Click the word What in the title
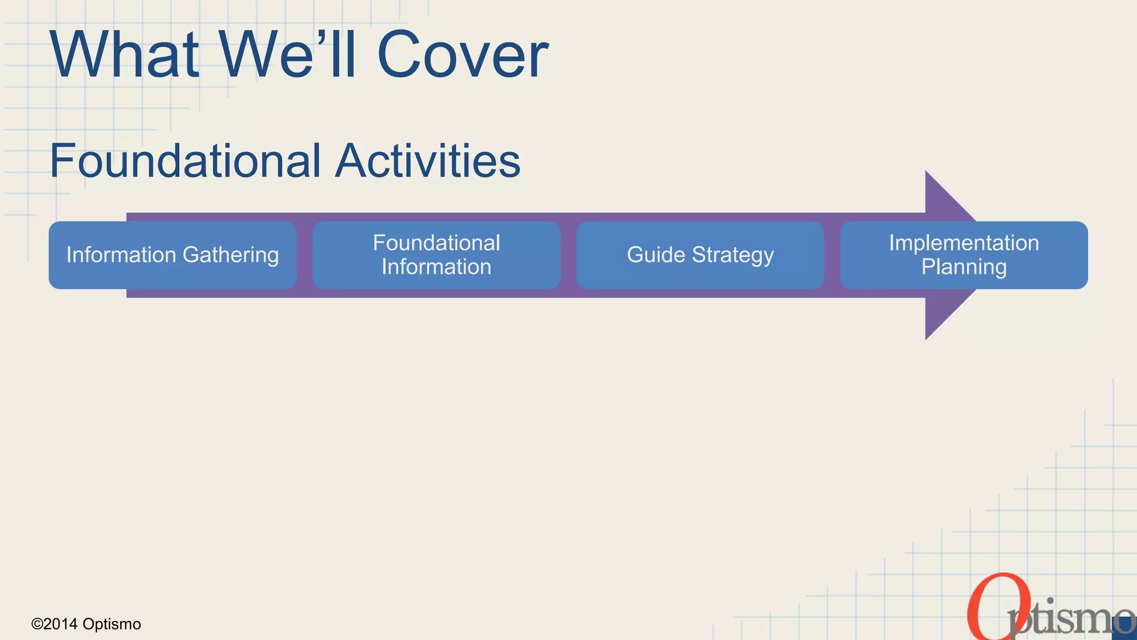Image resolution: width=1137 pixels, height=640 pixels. (125, 55)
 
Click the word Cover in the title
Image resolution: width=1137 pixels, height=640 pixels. (462, 55)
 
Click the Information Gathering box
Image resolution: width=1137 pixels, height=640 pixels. (172, 255)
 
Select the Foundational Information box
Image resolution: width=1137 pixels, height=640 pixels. (436, 255)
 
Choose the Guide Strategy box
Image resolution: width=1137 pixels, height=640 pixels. (700, 255)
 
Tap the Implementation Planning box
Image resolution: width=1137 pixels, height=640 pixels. (964, 255)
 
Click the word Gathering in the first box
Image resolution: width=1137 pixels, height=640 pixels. (230, 255)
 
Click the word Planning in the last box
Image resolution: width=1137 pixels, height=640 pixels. (964, 267)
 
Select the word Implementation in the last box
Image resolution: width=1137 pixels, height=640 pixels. (964, 243)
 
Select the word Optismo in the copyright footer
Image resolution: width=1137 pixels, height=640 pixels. (112, 624)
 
